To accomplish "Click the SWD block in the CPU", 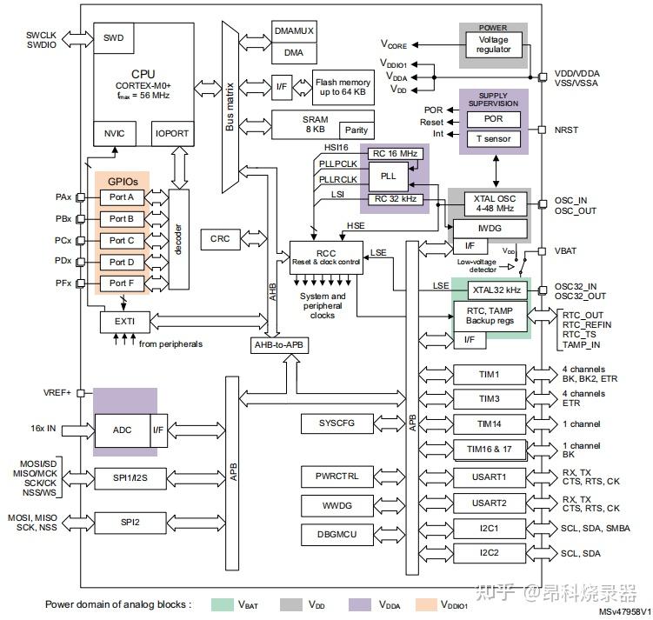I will tap(113, 38).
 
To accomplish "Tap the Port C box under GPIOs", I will tap(122, 240).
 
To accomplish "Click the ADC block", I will tap(122, 430).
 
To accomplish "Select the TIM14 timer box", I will tap(490, 424).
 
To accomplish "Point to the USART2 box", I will tap(490, 504).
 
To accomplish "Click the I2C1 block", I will tap(490, 528).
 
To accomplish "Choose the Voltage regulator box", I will tap(494, 44).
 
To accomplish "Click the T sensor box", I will tap(492, 139).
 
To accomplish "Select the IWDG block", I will tap(489, 227).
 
